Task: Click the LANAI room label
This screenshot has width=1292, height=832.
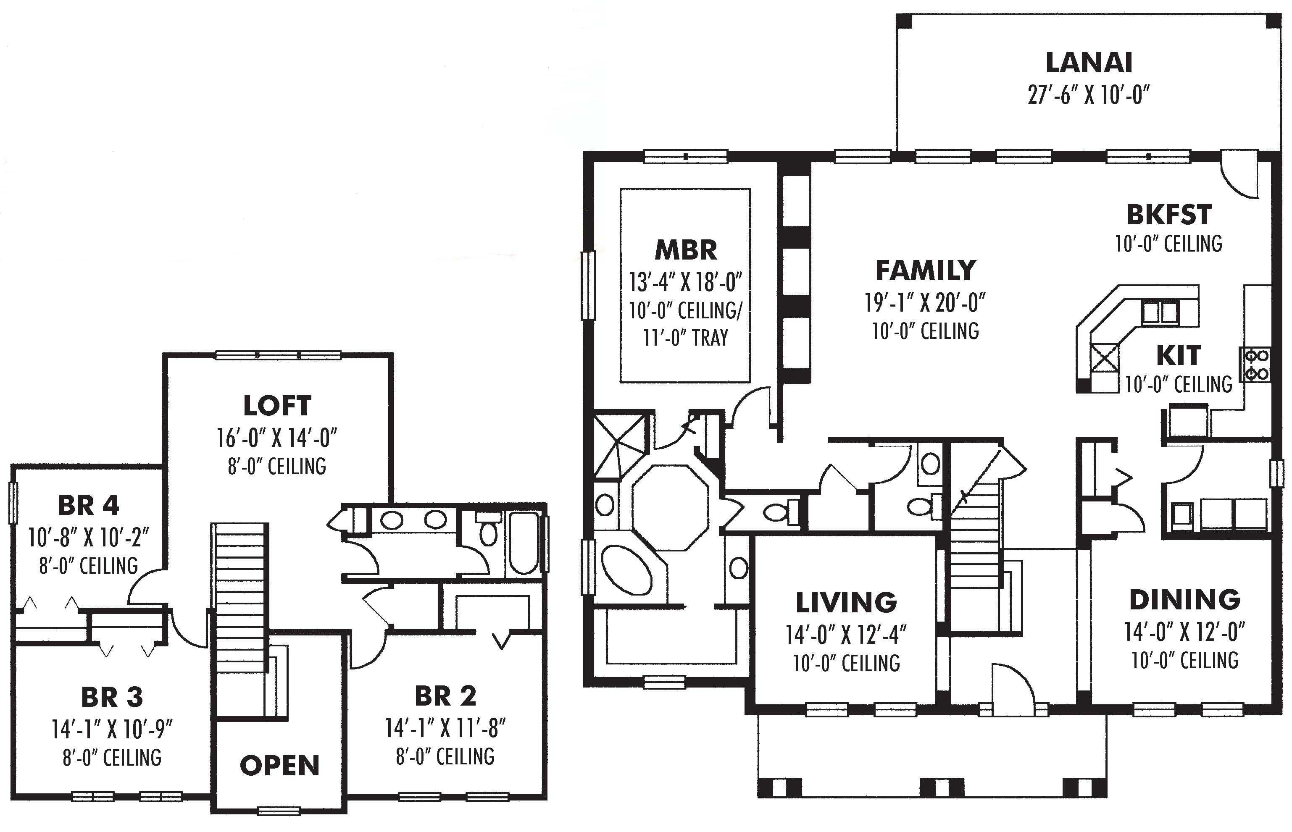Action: click(1088, 63)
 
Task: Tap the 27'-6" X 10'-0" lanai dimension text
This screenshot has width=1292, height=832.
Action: click(1088, 95)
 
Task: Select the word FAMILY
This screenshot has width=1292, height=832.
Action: click(925, 270)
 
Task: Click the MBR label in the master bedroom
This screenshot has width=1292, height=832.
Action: click(686, 250)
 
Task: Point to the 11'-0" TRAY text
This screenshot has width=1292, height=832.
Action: click(686, 338)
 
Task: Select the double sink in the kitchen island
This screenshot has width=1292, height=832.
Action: click(1160, 312)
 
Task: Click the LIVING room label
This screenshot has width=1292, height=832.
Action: click(846, 602)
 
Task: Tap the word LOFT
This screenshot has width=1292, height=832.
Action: click(277, 406)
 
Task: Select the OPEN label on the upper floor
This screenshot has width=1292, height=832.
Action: click(279, 766)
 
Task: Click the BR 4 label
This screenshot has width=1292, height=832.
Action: click(88, 506)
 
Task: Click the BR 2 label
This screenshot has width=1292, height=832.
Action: click(445, 696)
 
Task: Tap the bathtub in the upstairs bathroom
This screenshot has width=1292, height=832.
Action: click(523, 543)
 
